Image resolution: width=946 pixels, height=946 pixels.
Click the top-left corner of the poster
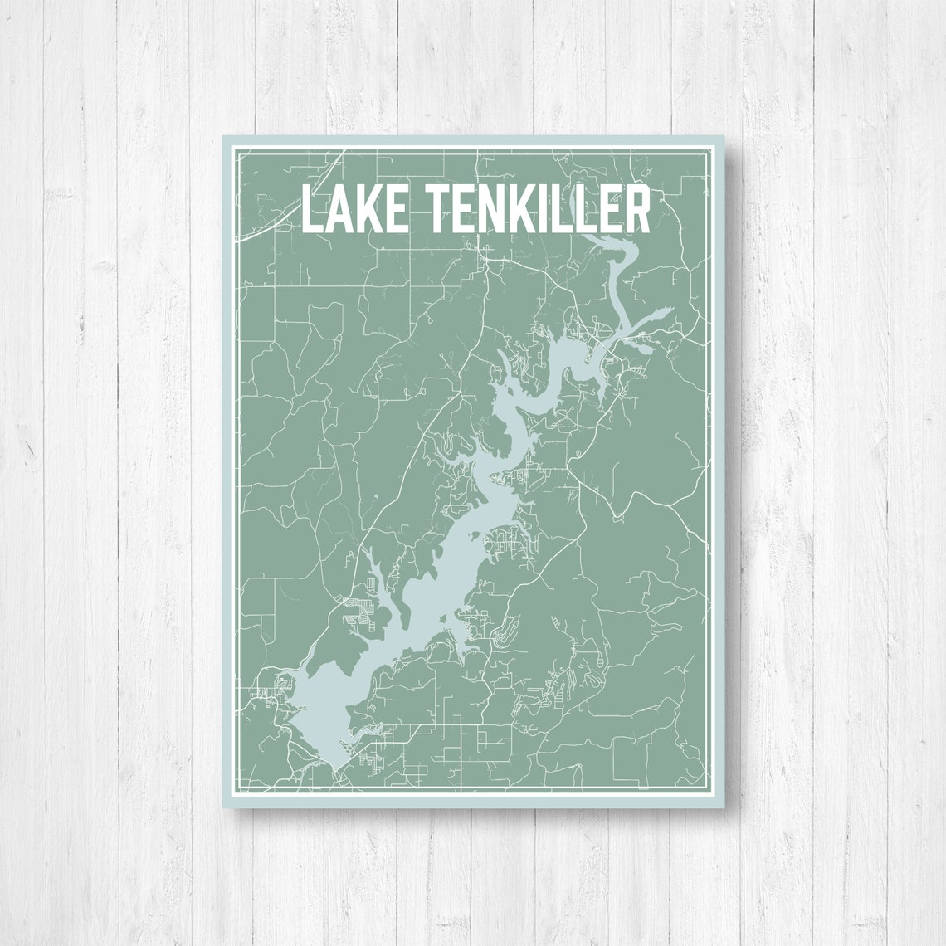pyautogui.click(x=223, y=136)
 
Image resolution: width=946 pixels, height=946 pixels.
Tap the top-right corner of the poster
pyautogui.click(x=723, y=136)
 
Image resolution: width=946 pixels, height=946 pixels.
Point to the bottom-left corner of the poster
pyautogui.click(x=223, y=807)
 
